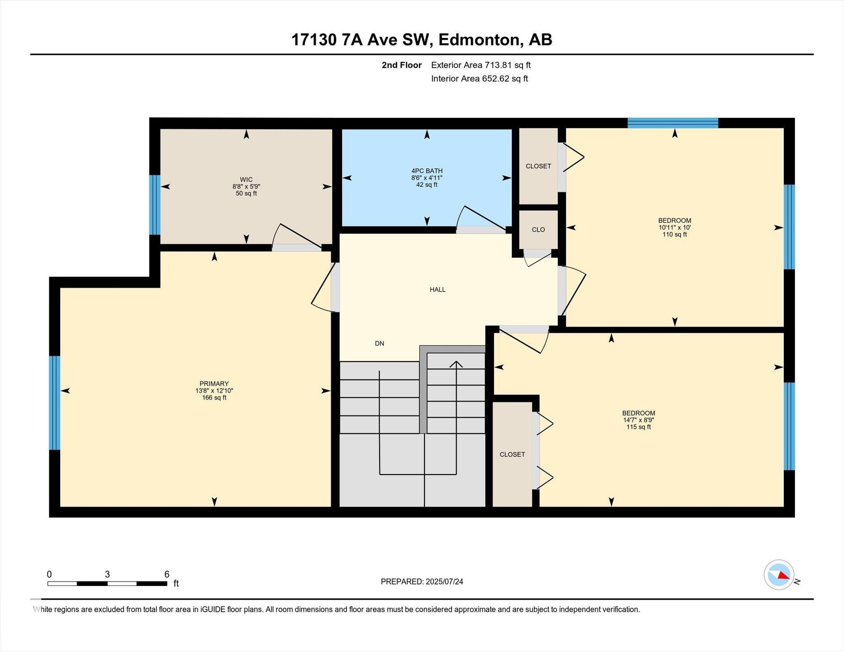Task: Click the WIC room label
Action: click(246, 180)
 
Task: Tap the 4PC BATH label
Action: click(427, 171)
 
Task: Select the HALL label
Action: click(437, 290)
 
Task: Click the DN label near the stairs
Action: click(379, 343)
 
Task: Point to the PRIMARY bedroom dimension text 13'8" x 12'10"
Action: click(214, 390)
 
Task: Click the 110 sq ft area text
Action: click(674, 234)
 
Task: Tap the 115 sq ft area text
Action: click(638, 427)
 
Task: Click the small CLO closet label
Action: click(538, 230)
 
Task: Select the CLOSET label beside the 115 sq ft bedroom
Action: click(512, 454)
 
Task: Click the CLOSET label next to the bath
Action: click(538, 166)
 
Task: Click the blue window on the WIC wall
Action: click(155, 205)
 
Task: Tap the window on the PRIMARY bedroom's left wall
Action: click(54, 402)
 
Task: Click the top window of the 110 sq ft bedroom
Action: click(673, 123)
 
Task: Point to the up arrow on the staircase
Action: click(456, 364)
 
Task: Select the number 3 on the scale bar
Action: click(107, 574)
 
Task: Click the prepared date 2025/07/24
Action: click(444, 582)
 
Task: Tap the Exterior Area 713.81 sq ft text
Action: click(481, 65)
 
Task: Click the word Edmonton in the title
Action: click(478, 40)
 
